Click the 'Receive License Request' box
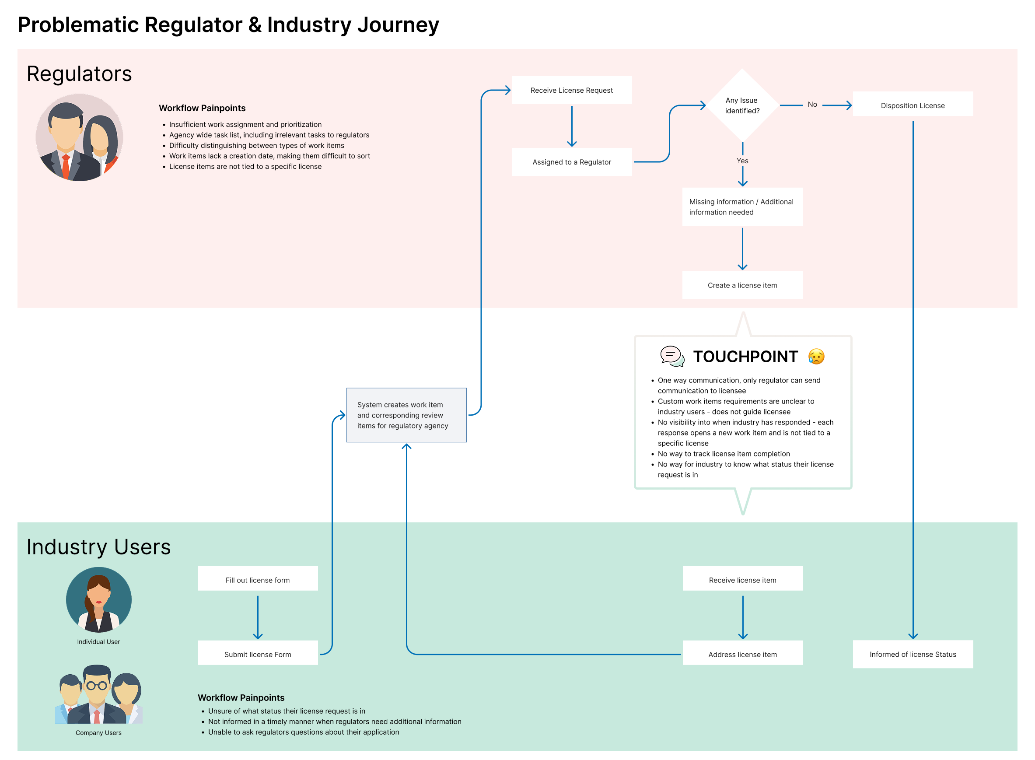point(571,90)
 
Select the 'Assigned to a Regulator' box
point(571,162)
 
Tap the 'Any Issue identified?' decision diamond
point(742,105)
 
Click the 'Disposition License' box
point(913,105)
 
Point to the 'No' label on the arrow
point(812,105)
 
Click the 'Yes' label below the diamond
point(742,161)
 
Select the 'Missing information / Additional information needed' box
point(742,207)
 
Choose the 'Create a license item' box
point(742,285)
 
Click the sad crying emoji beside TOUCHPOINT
point(816,357)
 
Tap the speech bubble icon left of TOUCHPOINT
point(672,356)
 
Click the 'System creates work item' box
point(406,415)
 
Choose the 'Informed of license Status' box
point(913,654)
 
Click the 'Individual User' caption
point(98,642)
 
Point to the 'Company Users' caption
point(98,733)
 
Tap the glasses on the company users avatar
point(97,686)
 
